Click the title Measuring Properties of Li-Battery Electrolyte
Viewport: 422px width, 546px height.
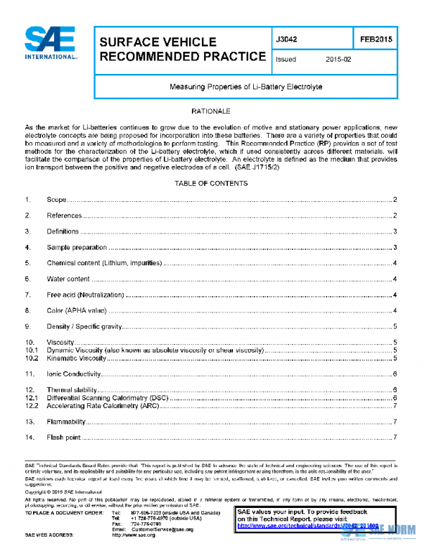[245, 87]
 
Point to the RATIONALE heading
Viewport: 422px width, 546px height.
[211, 111]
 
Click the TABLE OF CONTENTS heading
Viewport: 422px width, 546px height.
[211, 184]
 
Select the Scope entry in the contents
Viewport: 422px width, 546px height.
[56, 201]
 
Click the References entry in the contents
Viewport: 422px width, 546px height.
[64, 215]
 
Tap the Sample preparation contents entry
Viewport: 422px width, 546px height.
[77, 247]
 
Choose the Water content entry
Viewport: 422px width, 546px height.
[68, 279]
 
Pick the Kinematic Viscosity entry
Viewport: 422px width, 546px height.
[76, 358]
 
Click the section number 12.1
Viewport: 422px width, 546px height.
[31, 398]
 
